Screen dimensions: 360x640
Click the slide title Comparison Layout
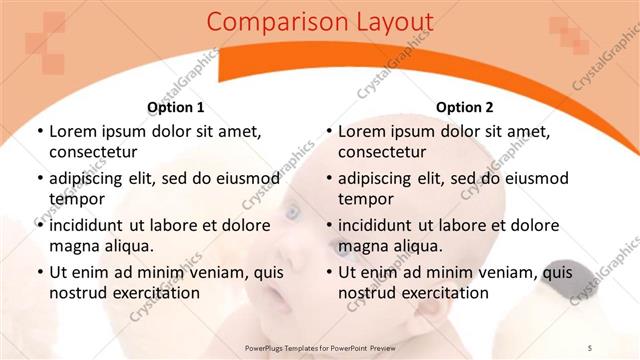(x=320, y=22)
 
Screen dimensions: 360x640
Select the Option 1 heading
(x=176, y=107)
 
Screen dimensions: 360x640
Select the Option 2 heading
(x=465, y=107)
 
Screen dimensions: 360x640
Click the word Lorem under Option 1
(x=71, y=131)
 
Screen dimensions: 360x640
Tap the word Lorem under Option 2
(x=360, y=131)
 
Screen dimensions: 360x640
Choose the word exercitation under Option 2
(x=439, y=293)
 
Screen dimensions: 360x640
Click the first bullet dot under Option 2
(x=329, y=132)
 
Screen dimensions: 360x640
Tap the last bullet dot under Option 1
(x=40, y=272)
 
